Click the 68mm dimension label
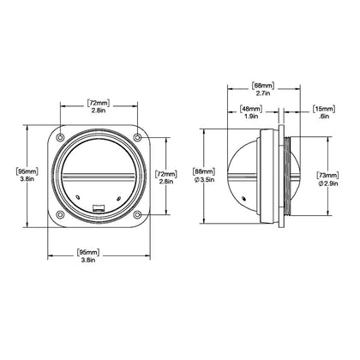pos(263,86)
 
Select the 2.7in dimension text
pos(263,93)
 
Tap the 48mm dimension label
pos(251,109)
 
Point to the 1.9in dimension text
pos(251,117)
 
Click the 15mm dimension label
pos(324,109)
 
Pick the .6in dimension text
pos(325,117)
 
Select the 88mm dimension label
pos(204,171)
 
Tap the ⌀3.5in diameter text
pos(204,179)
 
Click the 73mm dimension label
pos(328,175)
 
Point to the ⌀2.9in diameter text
pos(328,183)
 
